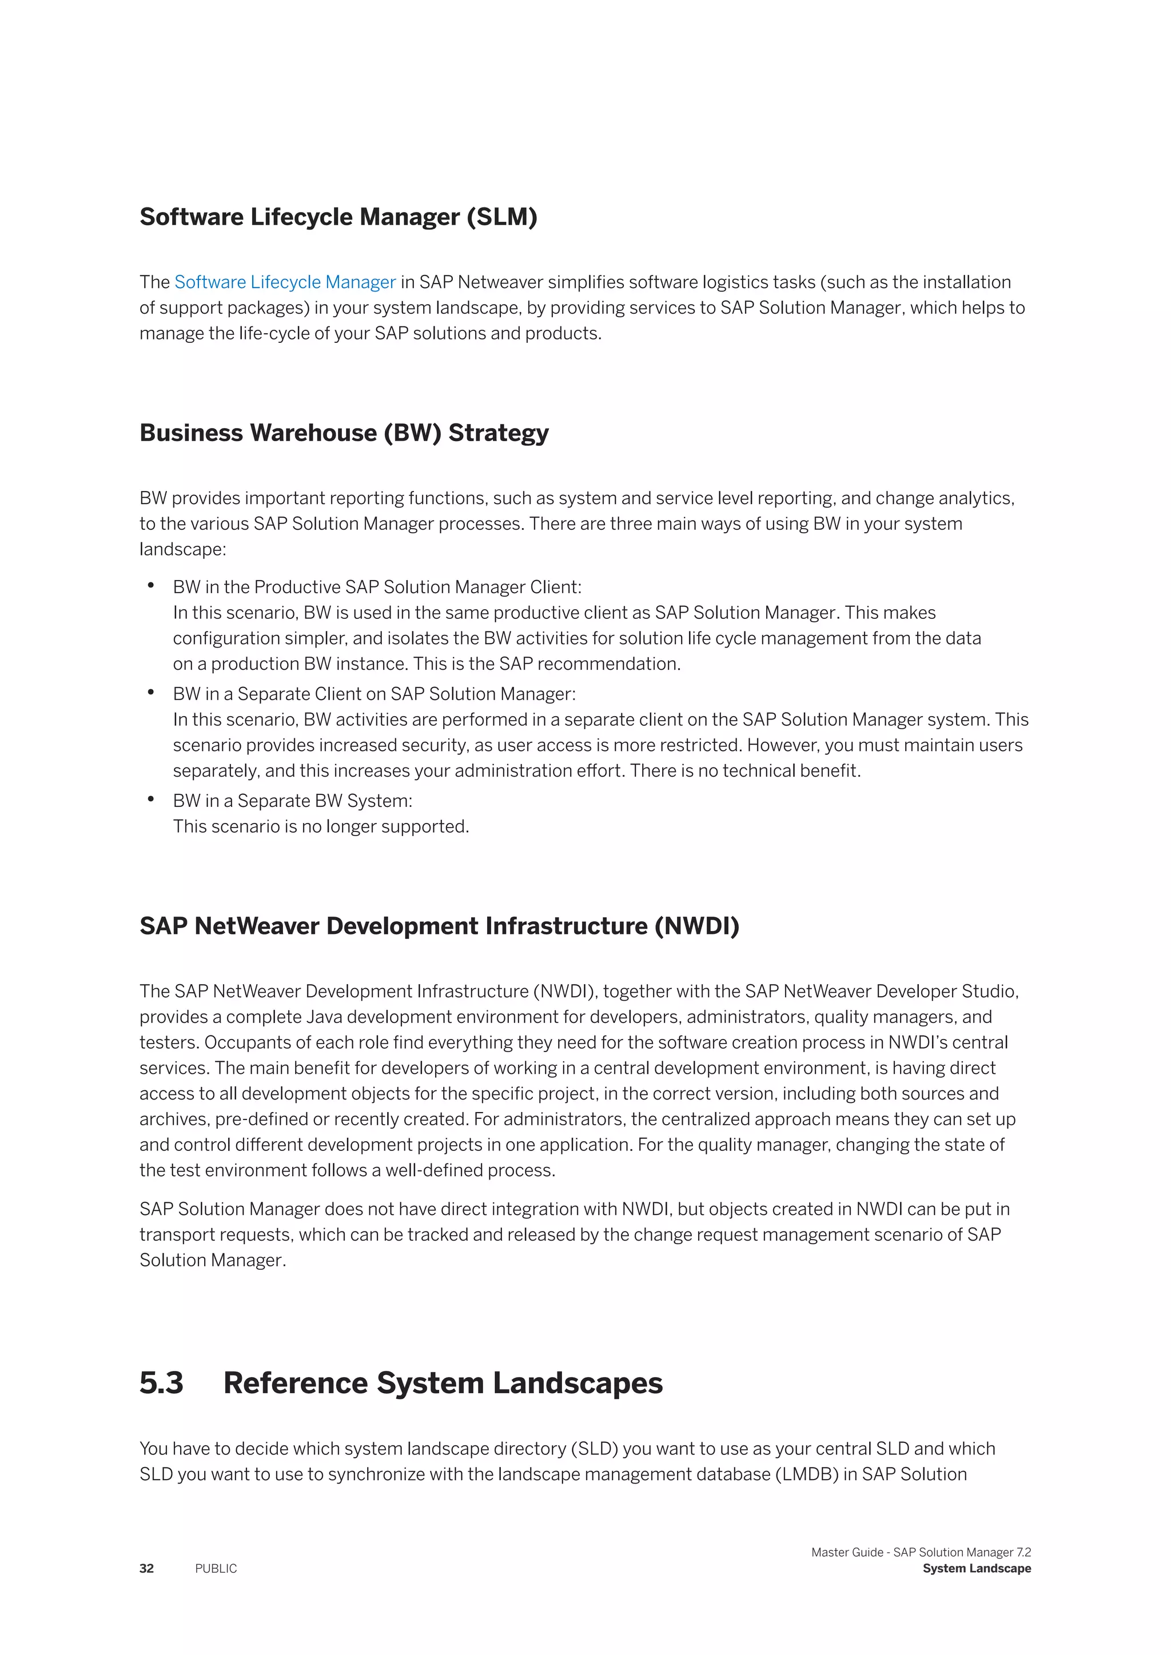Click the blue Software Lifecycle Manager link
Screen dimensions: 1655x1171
click(285, 282)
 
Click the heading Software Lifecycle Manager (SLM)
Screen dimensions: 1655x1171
click(338, 217)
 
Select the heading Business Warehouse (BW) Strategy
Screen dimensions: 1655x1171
click(344, 433)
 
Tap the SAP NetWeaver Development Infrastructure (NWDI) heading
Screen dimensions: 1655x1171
click(439, 926)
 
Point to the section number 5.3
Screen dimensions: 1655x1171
click(161, 1382)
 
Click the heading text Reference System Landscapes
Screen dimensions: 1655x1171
click(443, 1382)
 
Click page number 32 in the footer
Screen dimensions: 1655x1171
click(146, 1569)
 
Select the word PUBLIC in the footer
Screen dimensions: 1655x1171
click(216, 1569)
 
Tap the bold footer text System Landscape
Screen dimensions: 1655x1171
click(977, 1569)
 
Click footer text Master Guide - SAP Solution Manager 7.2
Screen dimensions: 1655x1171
click(921, 1552)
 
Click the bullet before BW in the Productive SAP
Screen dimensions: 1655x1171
click(151, 586)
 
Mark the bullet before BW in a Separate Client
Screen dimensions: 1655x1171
click(151, 693)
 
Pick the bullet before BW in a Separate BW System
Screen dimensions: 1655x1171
click(151, 799)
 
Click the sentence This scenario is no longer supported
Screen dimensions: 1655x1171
click(321, 827)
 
